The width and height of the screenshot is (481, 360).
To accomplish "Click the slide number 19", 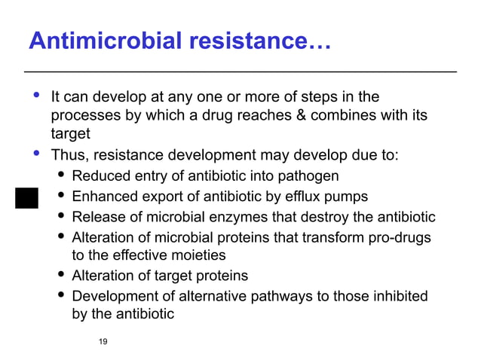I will point(103,343).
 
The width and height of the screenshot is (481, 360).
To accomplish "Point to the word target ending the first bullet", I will point(70,134).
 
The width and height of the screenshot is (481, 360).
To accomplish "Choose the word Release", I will point(99,218).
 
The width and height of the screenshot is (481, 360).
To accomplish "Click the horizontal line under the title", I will point(240,72).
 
